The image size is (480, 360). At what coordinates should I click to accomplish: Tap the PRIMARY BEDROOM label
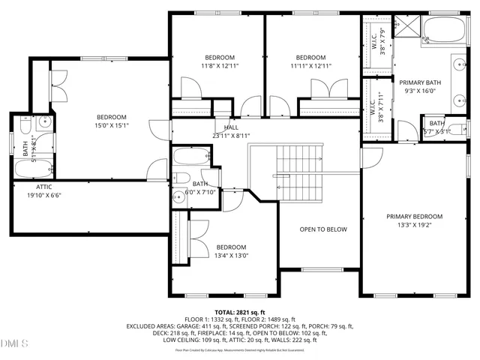tap(414, 216)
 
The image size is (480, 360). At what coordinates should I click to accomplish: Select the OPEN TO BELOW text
tap(323, 229)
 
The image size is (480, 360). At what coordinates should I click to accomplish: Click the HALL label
tap(221, 127)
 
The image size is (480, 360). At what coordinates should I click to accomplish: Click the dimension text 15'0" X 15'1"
tap(111, 126)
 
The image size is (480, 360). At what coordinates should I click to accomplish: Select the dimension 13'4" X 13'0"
tap(231, 256)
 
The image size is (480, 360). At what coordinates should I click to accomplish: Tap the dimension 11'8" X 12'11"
tap(220, 67)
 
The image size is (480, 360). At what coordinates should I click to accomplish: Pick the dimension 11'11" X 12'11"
tap(310, 67)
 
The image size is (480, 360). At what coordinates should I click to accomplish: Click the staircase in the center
tap(299, 172)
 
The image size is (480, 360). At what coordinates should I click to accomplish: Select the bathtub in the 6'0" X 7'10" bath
tap(184, 157)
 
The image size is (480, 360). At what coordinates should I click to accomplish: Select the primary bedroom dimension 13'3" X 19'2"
tap(414, 225)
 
